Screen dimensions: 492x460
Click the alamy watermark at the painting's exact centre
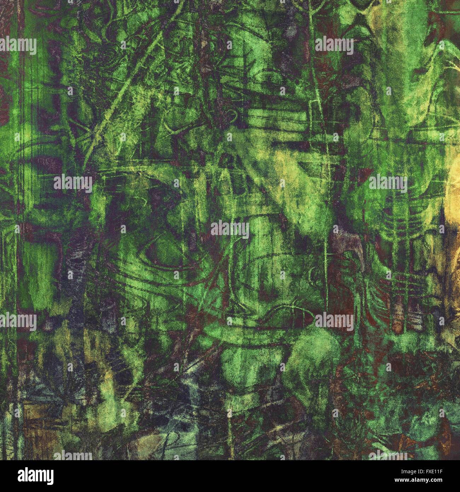230,229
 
